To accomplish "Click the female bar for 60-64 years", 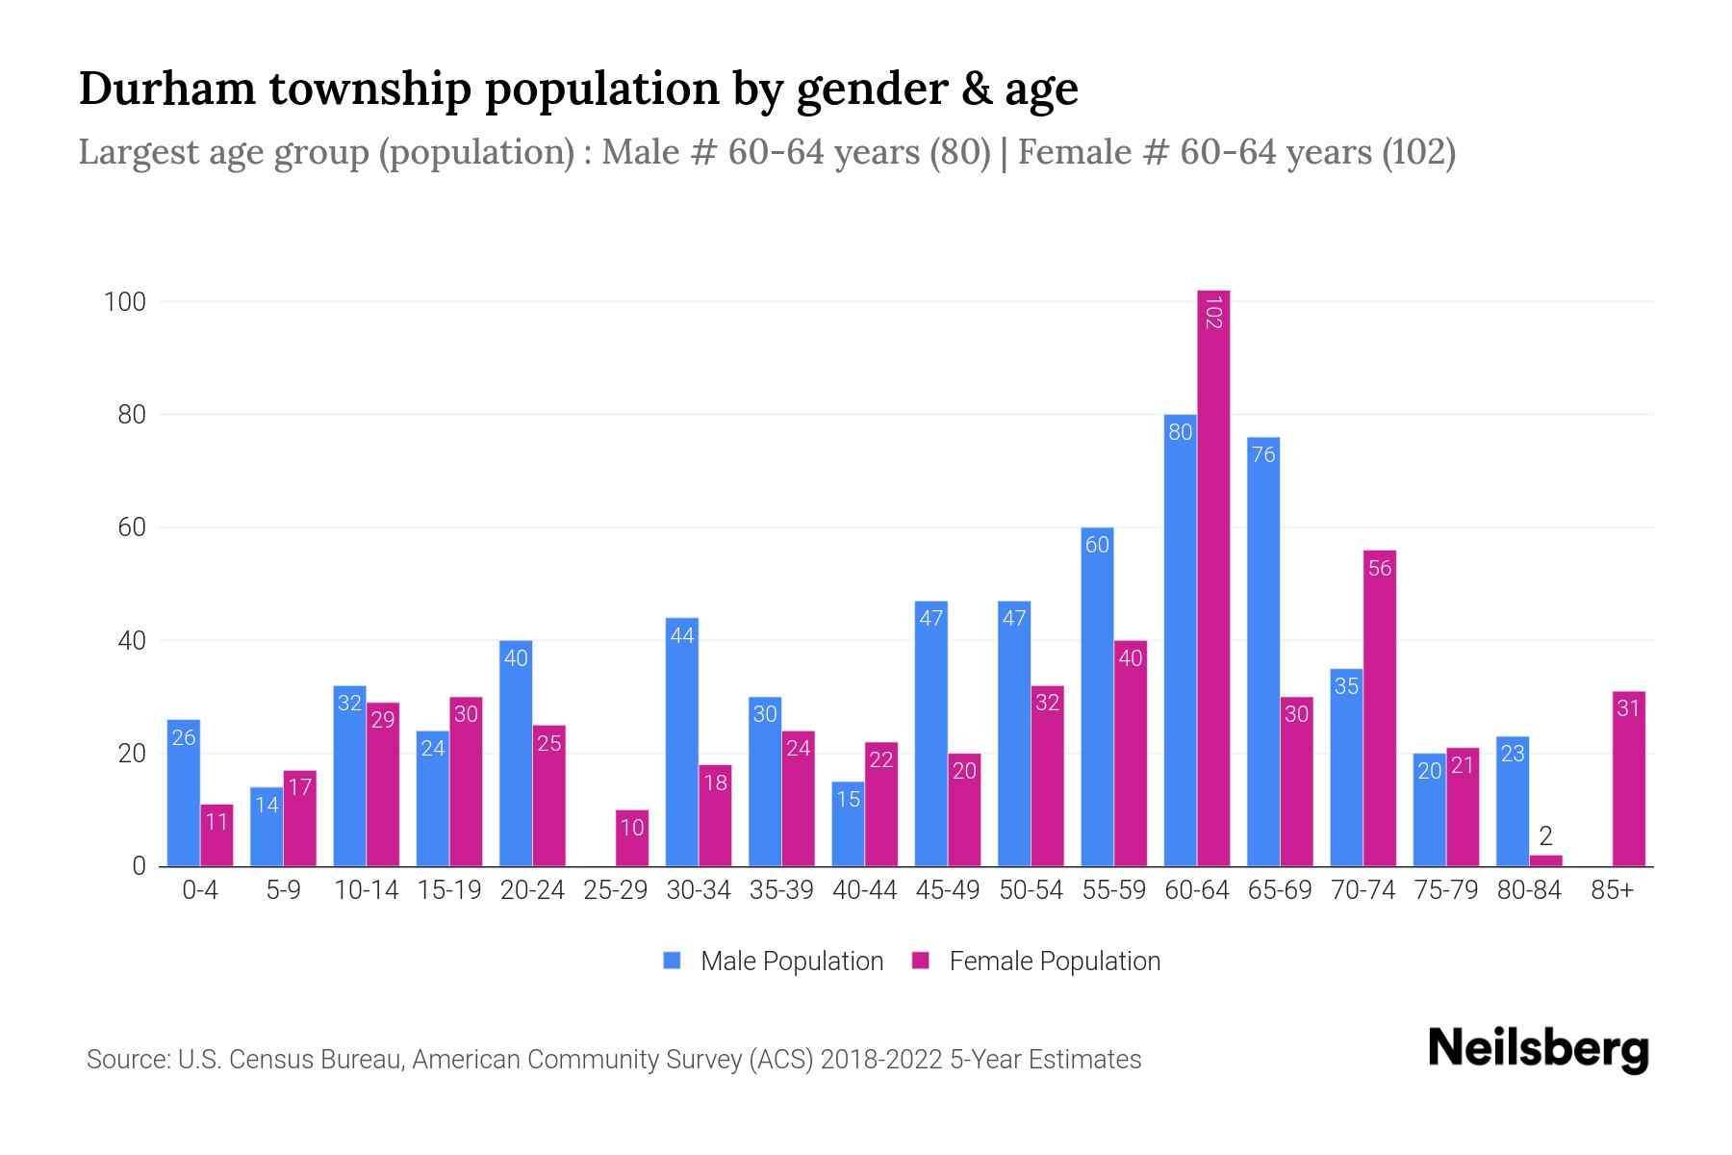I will coord(1213,577).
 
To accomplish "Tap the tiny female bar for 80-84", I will coord(1545,860).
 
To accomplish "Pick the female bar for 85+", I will coord(1628,779).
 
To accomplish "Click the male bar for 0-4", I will coord(184,793).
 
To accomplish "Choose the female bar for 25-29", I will coord(632,838).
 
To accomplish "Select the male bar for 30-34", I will coord(682,742).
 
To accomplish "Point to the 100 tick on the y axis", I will coord(125,302).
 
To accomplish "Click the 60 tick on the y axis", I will coord(131,527).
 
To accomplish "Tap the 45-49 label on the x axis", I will coord(948,890).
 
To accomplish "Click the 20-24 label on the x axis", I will coord(532,890).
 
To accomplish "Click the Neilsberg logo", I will coord(1538,1049).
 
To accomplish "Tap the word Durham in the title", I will coord(166,89).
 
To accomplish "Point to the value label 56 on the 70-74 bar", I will coord(1380,568).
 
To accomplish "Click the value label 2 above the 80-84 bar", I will coord(1545,835).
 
